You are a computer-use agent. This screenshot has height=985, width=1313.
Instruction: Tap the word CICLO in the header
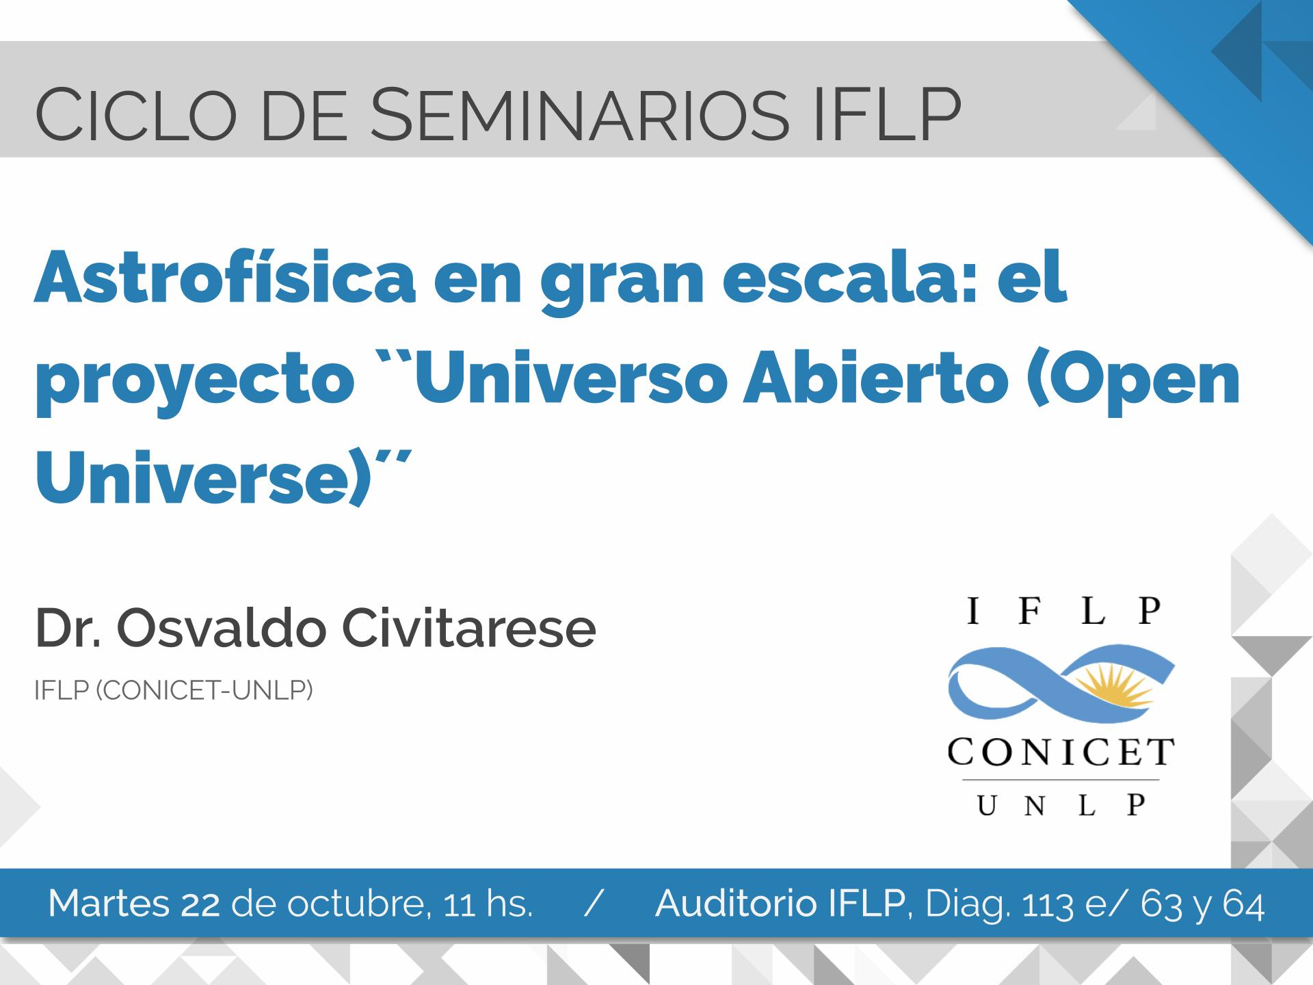(x=137, y=113)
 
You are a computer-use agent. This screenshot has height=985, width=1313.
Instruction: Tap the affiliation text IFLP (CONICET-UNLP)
(x=174, y=691)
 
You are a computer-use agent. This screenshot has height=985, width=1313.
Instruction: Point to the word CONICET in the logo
(x=1061, y=754)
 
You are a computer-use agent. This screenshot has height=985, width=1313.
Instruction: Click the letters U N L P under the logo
(x=1061, y=806)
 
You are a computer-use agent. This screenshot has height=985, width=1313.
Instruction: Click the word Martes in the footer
(x=109, y=904)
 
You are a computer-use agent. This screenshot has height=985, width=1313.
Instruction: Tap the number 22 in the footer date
(x=201, y=904)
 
